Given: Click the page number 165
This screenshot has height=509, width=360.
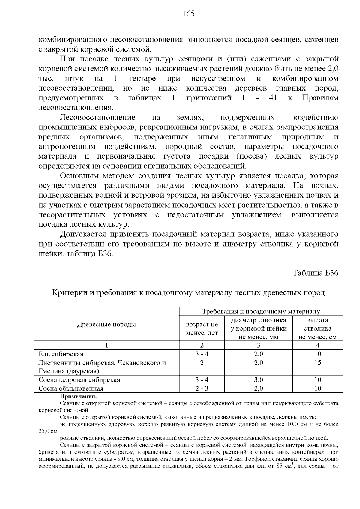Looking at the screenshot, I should [x=188, y=14].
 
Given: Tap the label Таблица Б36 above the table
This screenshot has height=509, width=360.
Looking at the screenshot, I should [x=316, y=273].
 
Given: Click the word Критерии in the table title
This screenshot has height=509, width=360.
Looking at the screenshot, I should [x=70, y=292].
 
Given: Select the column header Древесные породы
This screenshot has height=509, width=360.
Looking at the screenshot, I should [x=106, y=324].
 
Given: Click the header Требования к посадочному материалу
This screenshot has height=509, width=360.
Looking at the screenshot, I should [x=261, y=311].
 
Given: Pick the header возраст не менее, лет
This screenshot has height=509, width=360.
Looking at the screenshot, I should [x=202, y=328].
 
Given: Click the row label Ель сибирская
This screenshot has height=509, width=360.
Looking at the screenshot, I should [x=61, y=354].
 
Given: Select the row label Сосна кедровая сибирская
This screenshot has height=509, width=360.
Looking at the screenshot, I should [x=79, y=380].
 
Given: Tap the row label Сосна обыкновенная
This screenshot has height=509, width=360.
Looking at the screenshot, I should [x=71, y=388].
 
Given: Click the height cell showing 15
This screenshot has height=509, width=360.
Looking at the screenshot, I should [x=317, y=363].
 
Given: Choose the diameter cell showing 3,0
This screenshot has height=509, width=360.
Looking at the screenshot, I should [x=258, y=380].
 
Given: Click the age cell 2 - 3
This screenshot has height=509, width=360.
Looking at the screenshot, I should [x=202, y=388].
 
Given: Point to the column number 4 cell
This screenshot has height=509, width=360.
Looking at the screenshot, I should [x=317, y=345].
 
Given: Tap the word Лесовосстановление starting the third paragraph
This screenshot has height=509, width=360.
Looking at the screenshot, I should [x=98, y=118].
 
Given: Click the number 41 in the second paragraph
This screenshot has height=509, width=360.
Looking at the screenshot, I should [x=273, y=98].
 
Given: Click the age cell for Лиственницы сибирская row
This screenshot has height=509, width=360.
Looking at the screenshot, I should [x=202, y=363].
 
